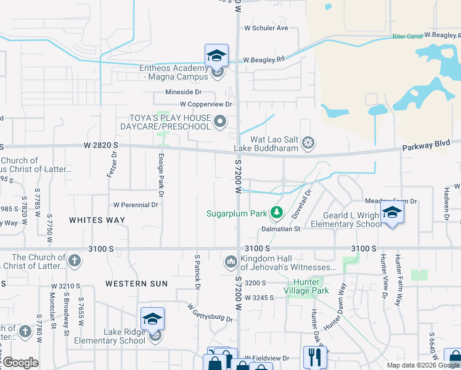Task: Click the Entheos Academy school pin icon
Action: (216, 56)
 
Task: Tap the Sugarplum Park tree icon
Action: (277, 213)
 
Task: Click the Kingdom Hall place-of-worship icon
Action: (231, 262)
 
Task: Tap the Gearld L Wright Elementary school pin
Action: (391, 214)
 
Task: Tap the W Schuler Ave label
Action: (266, 28)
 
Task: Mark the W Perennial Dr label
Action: (136, 205)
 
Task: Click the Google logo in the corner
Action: (21, 363)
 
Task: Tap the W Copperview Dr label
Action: (206, 104)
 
